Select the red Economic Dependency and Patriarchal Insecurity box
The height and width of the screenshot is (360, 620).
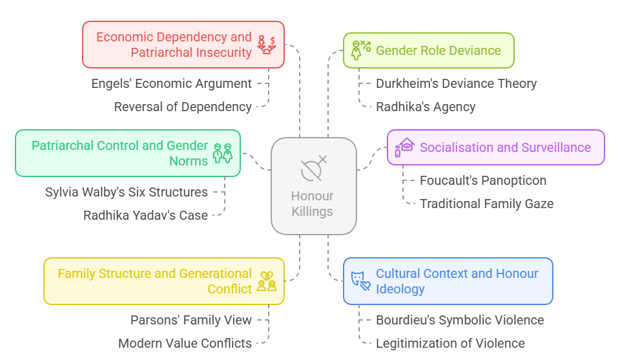click(x=183, y=45)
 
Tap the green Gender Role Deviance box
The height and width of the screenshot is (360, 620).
click(x=428, y=50)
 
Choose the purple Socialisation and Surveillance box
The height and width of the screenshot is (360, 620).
click(x=495, y=147)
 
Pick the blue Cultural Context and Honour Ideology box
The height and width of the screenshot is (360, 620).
click(x=448, y=281)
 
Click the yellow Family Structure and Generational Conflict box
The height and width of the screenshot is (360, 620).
click(x=163, y=281)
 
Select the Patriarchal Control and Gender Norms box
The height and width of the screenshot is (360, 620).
click(x=127, y=153)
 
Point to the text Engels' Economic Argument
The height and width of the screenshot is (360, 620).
click(x=171, y=83)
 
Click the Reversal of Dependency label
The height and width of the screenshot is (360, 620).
click(x=183, y=107)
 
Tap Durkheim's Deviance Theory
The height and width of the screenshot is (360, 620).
click(x=456, y=83)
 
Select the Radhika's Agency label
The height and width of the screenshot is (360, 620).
click(x=426, y=107)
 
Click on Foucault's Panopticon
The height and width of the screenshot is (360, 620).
click(x=482, y=180)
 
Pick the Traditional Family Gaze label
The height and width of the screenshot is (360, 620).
click(x=486, y=204)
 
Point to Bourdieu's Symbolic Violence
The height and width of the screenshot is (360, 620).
click(x=460, y=320)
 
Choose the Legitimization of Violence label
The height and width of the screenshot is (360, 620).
click(x=450, y=343)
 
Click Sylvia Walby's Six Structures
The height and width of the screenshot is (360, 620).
click(x=127, y=192)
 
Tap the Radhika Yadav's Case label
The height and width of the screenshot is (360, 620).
click(x=145, y=215)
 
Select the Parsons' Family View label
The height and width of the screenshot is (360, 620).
click(x=191, y=320)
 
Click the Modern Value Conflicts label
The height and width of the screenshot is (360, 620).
click(x=185, y=343)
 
